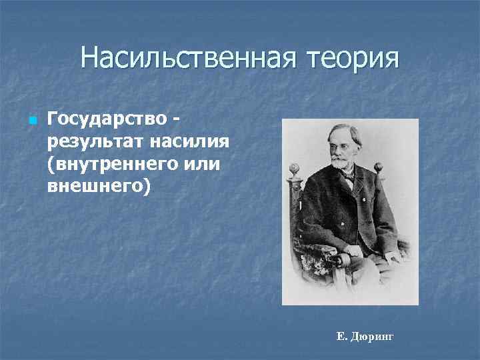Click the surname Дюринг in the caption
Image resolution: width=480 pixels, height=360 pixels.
pyautogui.click(x=373, y=337)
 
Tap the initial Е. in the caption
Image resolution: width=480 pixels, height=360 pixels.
pyautogui.click(x=342, y=337)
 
